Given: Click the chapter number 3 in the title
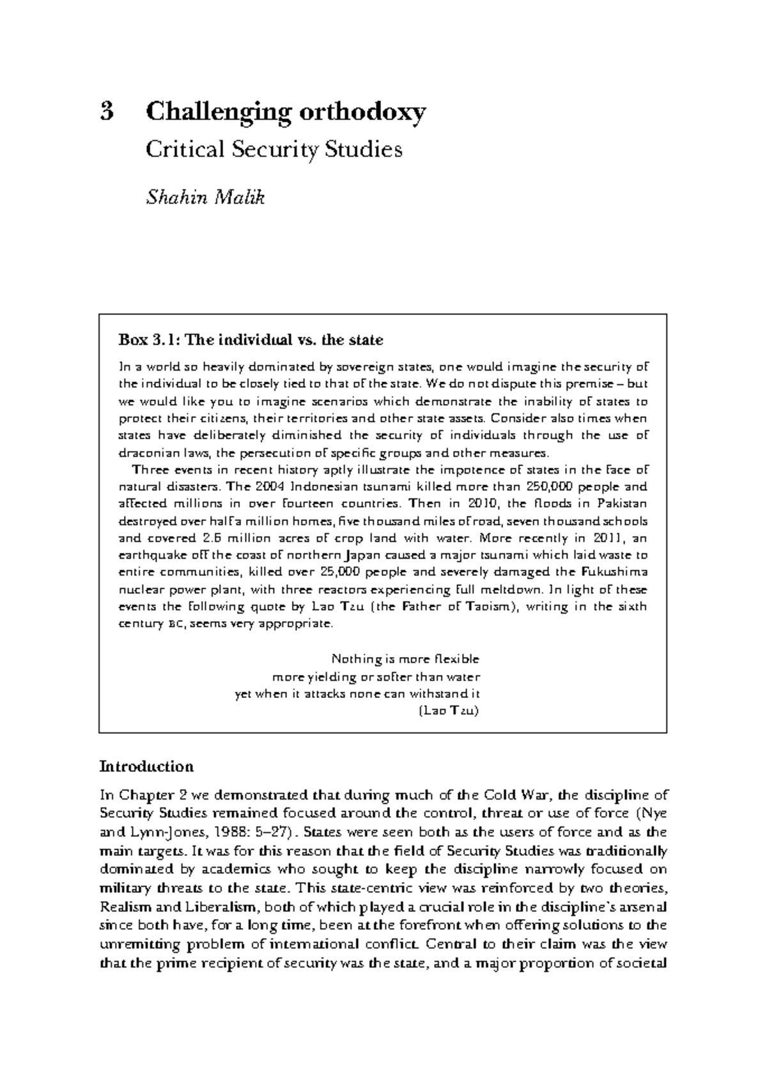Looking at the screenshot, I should tap(107, 112).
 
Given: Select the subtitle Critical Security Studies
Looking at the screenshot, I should tap(274, 150).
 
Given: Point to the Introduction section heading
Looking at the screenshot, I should tap(146, 766).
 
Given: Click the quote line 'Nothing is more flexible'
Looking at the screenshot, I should tap(405, 659).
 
